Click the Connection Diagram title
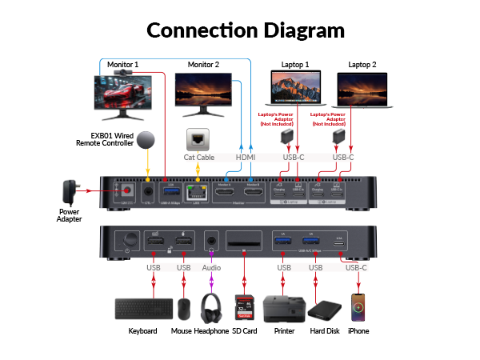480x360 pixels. (245, 31)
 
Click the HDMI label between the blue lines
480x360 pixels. (246, 157)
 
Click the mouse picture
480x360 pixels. (184, 309)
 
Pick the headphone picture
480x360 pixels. (212, 308)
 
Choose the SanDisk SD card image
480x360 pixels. (243, 309)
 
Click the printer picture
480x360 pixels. (282, 309)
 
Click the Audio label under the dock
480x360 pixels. (212, 266)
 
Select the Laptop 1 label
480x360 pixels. (295, 64)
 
